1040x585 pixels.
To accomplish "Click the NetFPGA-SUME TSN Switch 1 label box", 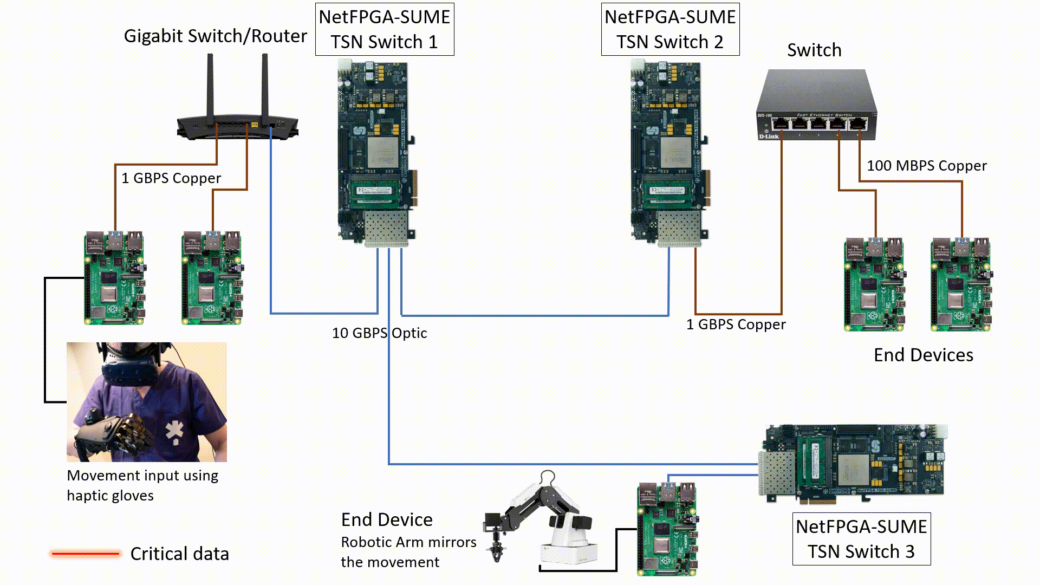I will (x=385, y=29).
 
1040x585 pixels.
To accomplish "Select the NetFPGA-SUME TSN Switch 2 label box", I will (x=670, y=29).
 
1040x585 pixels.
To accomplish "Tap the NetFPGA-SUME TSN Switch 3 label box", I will (x=861, y=539).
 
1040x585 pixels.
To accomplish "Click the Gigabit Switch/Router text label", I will (x=215, y=36).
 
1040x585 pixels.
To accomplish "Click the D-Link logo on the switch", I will (x=769, y=136).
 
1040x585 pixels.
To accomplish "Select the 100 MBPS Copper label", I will (x=926, y=166).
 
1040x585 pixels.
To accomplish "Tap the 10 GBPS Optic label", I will (x=379, y=333).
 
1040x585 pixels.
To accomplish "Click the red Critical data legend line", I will (x=85, y=554).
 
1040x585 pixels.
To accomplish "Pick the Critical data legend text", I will (x=179, y=554).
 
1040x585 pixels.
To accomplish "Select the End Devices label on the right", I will (x=923, y=355).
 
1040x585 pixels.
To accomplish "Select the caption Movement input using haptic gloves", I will (x=142, y=485).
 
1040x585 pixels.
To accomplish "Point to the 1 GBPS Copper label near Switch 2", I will (x=736, y=324).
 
